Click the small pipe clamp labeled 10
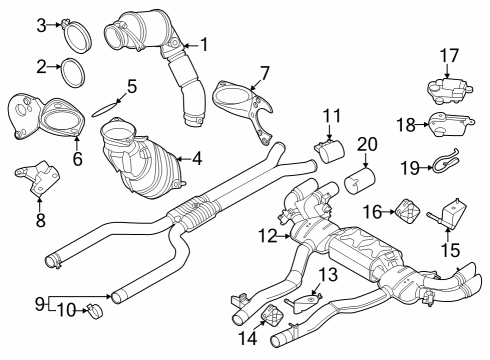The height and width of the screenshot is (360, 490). [x=91, y=309]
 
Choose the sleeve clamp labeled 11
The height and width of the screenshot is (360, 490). [x=327, y=151]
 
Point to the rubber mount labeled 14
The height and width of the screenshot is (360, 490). [x=269, y=319]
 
